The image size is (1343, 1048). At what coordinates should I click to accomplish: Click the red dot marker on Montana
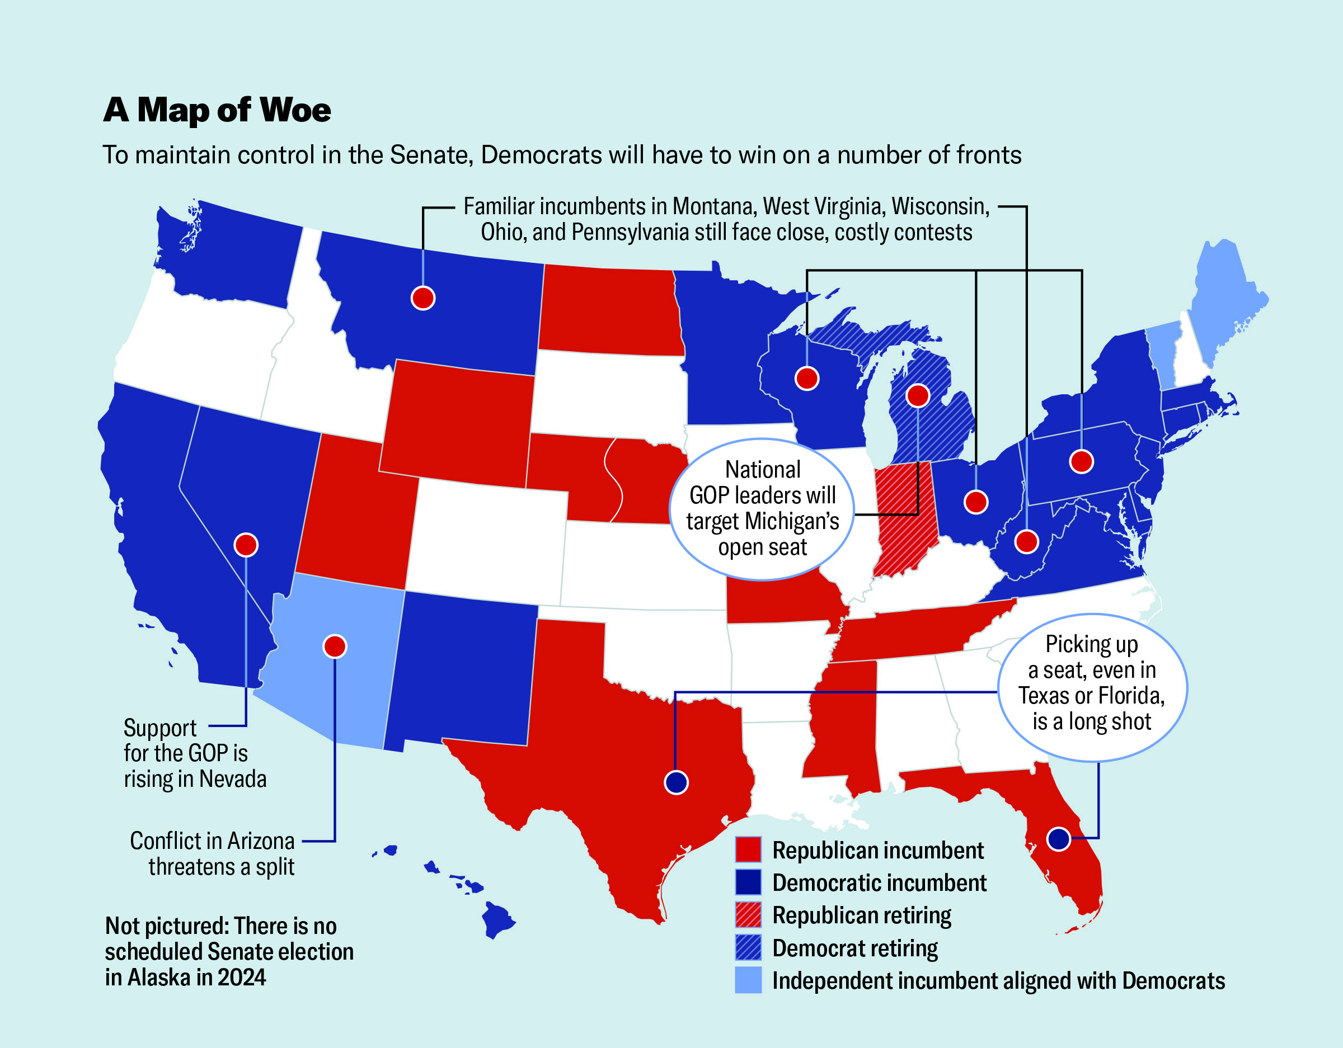coord(423,298)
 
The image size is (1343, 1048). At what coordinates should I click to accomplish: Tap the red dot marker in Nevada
coord(246,545)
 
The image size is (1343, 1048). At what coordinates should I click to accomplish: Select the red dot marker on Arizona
coord(335,646)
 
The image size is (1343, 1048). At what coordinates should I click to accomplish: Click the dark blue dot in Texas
coord(677,782)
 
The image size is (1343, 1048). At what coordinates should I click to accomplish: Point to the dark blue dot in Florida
coord(1059,838)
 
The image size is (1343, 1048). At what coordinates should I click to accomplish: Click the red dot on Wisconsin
coord(807,378)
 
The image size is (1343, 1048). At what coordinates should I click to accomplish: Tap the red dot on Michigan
coord(918,395)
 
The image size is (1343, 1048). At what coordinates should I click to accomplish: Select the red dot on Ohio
coord(976,502)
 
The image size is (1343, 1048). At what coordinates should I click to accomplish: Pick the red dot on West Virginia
coord(1026,541)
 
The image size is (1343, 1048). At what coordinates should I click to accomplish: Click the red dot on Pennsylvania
coord(1082,461)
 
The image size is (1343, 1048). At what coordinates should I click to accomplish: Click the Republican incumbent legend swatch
coord(748,849)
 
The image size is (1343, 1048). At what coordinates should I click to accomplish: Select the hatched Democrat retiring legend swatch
coord(748,947)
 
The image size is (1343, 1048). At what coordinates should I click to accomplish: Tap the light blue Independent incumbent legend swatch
coord(748,980)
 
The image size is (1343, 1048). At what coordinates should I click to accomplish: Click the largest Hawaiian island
coord(497,918)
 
